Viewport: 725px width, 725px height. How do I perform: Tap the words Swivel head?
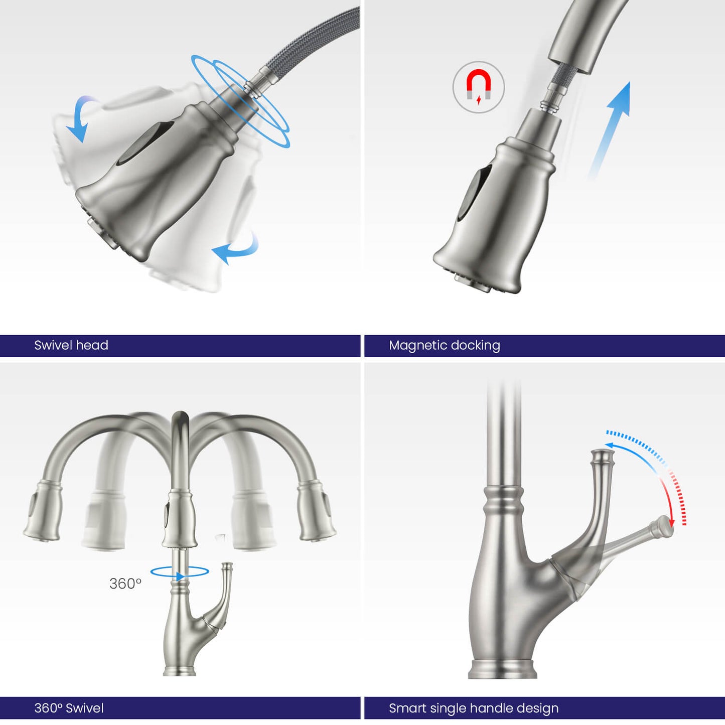pos(71,345)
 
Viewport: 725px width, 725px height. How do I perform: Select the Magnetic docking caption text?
pos(445,346)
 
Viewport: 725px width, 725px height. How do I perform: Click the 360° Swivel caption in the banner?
pos(69,708)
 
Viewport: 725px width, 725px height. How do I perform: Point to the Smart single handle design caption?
pos(474,708)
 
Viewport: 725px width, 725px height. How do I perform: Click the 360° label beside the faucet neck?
pos(125,584)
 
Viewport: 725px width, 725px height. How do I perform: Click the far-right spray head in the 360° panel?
pos(317,513)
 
